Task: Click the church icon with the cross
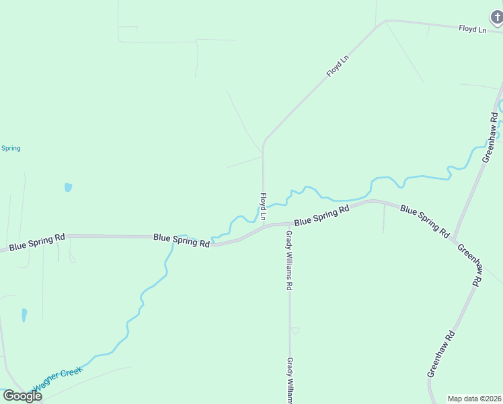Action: tap(496, 17)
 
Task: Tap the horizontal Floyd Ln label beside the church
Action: tap(472, 29)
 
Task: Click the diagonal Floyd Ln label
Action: tap(338, 66)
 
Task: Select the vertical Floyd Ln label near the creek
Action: tap(263, 207)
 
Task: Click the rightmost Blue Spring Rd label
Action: tap(424, 221)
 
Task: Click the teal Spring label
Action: tap(11, 148)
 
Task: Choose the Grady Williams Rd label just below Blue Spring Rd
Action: tap(289, 260)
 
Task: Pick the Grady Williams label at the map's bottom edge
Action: tap(291, 380)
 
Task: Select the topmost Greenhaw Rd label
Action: tap(491, 137)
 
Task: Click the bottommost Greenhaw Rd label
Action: tap(442, 353)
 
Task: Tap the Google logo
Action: tap(22, 395)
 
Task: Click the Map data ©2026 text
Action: tap(475, 399)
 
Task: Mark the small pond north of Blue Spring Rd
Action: tap(68, 187)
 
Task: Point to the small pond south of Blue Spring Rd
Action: tap(25, 314)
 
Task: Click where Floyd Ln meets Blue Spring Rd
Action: tap(263, 226)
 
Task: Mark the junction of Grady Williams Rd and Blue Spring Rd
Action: tap(289, 224)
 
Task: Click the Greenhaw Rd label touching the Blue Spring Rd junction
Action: tap(470, 265)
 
